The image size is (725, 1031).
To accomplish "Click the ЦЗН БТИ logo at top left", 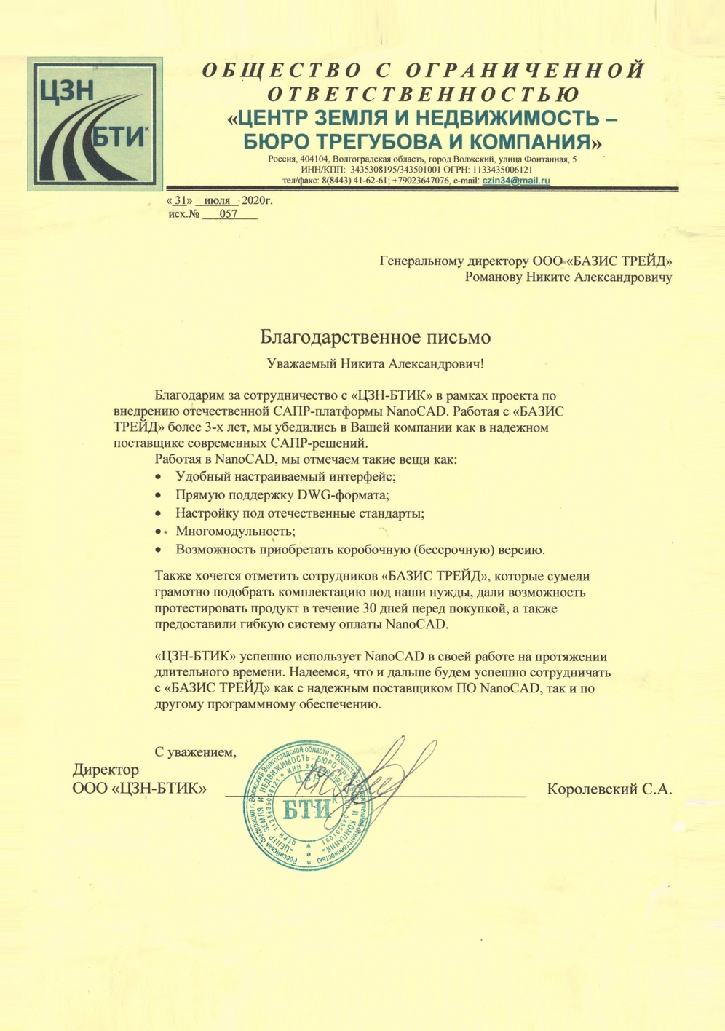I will pyautogui.click(x=95, y=124).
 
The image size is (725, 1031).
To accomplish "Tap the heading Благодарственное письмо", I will pyautogui.click(x=376, y=337).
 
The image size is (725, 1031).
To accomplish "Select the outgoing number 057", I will pyautogui.click(x=229, y=215).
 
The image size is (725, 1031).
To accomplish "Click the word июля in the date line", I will pyautogui.click(x=217, y=200).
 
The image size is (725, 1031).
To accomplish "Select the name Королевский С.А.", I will pyautogui.click(x=609, y=789).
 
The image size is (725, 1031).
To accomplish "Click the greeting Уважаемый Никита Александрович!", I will pyautogui.click(x=375, y=363).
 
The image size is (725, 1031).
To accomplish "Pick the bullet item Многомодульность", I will pyautogui.click(x=235, y=532).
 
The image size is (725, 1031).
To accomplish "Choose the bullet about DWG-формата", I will pyautogui.click(x=282, y=495).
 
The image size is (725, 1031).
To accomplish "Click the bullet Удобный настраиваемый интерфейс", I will pyautogui.click(x=285, y=477).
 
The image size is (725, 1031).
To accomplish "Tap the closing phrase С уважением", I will pyautogui.click(x=196, y=751).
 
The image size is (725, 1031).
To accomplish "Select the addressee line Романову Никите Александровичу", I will pyautogui.click(x=568, y=277).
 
